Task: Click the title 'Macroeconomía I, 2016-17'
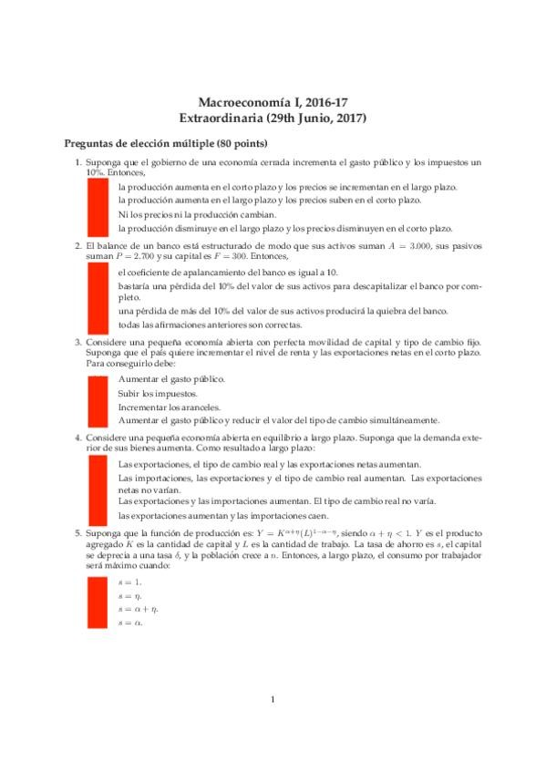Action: tap(273, 103)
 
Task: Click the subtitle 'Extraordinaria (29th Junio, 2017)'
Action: tap(273, 119)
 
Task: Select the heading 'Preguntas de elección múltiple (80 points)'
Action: tap(164, 145)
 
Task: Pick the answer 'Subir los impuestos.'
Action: tap(158, 393)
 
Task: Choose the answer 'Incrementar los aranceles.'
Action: tap(169, 407)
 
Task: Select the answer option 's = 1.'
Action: tap(129, 581)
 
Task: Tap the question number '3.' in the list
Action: tap(78, 341)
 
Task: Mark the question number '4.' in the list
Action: tap(78, 438)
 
